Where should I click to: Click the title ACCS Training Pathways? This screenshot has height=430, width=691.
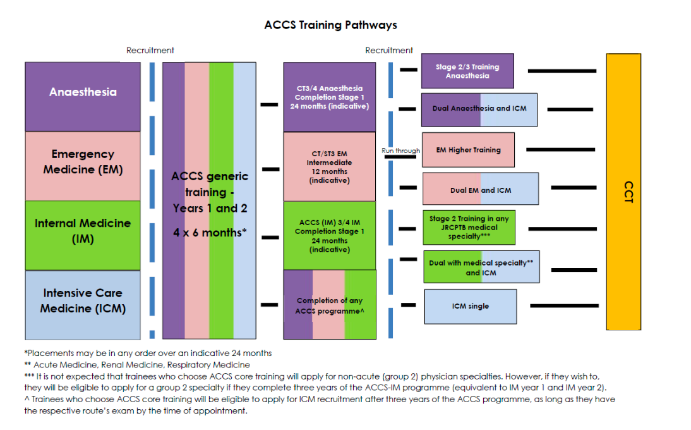pyautogui.click(x=330, y=25)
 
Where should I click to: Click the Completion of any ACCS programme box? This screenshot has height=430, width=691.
pyautogui.click(x=329, y=305)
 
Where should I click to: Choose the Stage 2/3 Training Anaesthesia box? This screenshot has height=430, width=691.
pyautogui.click(x=467, y=71)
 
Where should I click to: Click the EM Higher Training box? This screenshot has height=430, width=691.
pyautogui.click(x=468, y=150)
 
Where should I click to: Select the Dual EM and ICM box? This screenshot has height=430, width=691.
pyautogui.click(x=480, y=189)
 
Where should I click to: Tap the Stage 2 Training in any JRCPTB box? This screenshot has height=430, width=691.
pyautogui.click(x=469, y=228)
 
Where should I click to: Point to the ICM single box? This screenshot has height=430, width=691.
pyautogui.click(x=470, y=306)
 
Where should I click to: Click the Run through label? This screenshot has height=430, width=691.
pyautogui.click(x=400, y=151)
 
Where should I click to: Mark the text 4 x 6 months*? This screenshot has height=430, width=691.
pyautogui.click(x=210, y=232)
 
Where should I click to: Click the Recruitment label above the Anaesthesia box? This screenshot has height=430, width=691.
pyautogui.click(x=150, y=51)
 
